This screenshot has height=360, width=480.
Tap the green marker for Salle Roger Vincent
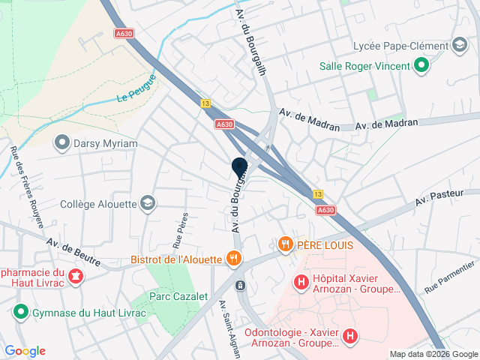(421, 66)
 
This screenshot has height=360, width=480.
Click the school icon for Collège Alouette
(148, 202)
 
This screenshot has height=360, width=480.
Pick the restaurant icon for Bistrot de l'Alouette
(234, 259)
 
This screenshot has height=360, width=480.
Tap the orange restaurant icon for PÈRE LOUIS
(285, 244)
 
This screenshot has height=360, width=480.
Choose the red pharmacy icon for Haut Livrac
(75, 277)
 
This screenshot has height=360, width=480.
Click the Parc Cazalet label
(178, 297)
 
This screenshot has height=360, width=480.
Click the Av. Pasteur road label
(440, 198)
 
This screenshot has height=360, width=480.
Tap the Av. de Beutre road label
(73, 248)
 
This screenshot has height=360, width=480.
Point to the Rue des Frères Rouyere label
(15, 179)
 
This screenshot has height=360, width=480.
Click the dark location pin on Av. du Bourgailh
(240, 169)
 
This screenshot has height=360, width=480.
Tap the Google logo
(25, 351)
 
